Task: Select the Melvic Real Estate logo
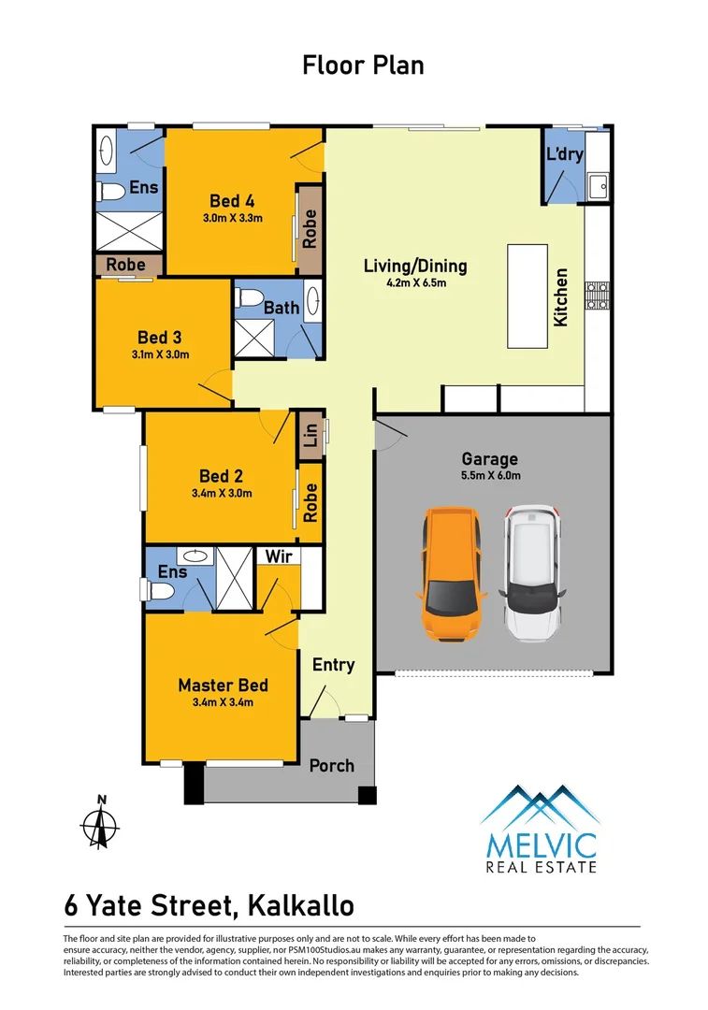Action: pyautogui.click(x=540, y=828)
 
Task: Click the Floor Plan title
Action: pyautogui.click(x=363, y=65)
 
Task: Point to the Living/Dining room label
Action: pyautogui.click(x=415, y=267)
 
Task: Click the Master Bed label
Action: pyautogui.click(x=224, y=685)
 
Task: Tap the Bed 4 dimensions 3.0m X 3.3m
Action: pyautogui.click(x=233, y=219)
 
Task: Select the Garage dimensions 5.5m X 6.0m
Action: pyautogui.click(x=489, y=476)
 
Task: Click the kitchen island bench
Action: pyautogui.click(x=527, y=296)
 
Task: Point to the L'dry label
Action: pyautogui.click(x=564, y=154)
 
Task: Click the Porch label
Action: pyautogui.click(x=332, y=765)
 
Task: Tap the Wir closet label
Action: pyautogui.click(x=276, y=557)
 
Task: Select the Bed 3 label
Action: pyautogui.click(x=159, y=338)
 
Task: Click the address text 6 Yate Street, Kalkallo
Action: pyautogui.click(x=209, y=905)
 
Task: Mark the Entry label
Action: pyautogui.click(x=334, y=665)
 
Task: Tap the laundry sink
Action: pyautogui.click(x=598, y=184)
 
